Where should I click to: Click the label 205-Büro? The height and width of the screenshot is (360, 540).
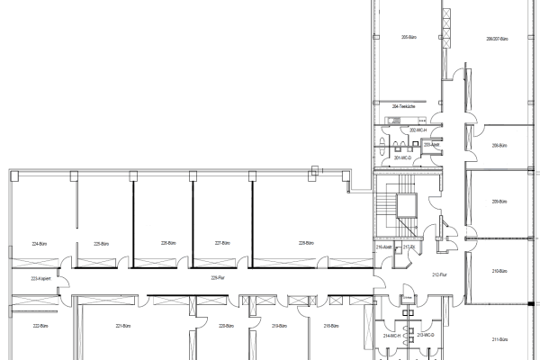coord(406,38)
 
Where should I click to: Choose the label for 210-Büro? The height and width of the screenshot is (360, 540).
coord(499,271)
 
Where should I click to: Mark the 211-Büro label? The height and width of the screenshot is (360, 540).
coord(500,339)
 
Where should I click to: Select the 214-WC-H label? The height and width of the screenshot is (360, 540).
coord(391,334)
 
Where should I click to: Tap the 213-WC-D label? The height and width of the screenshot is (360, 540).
coord(426,334)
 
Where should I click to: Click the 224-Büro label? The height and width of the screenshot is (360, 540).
coord(40,243)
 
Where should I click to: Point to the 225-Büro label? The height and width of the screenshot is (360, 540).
coord(101,243)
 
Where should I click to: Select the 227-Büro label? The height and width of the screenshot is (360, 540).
coord(221,243)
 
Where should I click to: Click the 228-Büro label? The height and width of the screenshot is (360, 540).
coord(306,243)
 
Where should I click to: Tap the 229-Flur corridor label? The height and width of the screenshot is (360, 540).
coord(217,277)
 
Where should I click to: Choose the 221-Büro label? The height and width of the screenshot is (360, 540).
coord(124,326)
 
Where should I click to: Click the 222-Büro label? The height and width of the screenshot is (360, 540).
coord(40,326)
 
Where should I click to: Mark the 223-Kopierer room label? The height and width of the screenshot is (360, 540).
coord(40,279)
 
